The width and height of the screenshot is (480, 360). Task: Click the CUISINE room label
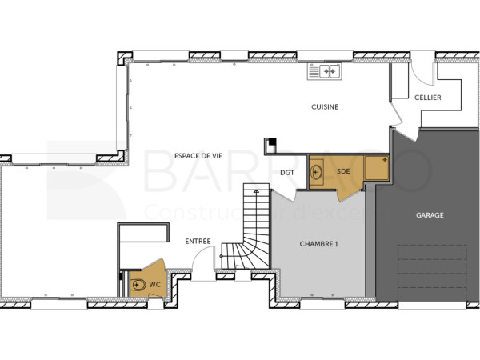pos(325,106)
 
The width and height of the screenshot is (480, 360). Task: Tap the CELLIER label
pos(427,98)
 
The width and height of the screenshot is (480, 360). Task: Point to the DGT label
pos(287,172)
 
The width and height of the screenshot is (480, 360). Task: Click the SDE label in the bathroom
pos(342,171)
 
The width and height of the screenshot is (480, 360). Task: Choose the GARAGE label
pos(429,215)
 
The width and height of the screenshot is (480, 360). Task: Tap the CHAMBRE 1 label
pos(318,244)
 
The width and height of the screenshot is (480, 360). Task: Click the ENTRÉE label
pos(198,241)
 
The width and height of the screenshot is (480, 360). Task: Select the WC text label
pos(155,284)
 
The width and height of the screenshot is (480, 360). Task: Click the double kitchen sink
pos(325,71)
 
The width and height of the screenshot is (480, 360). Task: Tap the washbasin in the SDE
pos(317,171)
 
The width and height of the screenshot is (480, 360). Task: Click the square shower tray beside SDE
pos(375,168)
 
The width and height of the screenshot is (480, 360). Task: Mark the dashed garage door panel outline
pos(432,272)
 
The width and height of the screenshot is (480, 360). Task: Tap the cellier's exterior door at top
pos(422,70)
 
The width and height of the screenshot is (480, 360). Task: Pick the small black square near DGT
pos(271,142)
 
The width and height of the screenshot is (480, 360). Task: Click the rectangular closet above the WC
pos(143,234)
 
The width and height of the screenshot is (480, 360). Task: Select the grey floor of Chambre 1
pos(318,272)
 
